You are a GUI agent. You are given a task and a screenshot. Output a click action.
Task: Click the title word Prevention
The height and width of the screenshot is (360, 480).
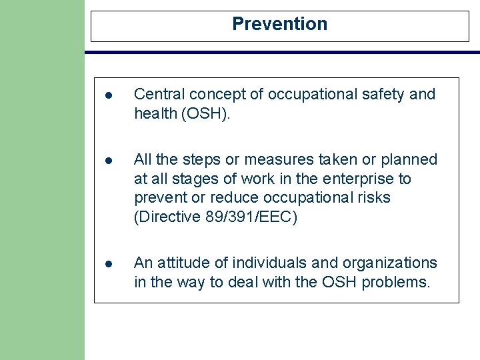279,24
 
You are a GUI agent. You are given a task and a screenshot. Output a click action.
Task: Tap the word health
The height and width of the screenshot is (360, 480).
154,114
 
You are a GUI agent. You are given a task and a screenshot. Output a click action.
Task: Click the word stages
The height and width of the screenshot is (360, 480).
195,179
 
